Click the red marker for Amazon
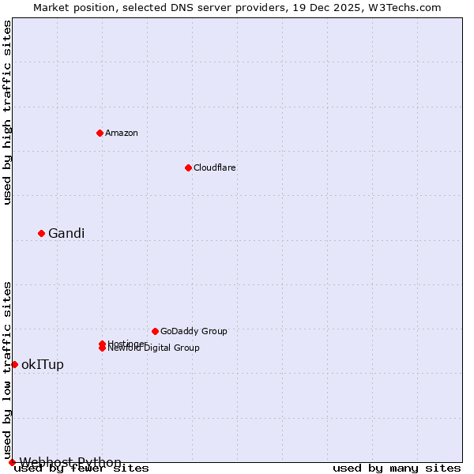click(100, 133)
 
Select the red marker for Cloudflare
click(188, 167)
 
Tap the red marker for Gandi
click(41, 233)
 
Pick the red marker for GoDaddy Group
click(155, 331)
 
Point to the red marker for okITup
click(14, 364)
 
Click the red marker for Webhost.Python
click(12, 462)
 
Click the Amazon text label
click(121, 133)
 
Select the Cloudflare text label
click(214, 167)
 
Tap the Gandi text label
click(66, 233)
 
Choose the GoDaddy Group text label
click(194, 331)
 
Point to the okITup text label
click(43, 364)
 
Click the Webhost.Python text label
click(70, 462)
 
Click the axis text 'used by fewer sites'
click(81, 468)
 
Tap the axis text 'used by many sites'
click(397, 468)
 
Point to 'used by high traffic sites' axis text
click(8, 112)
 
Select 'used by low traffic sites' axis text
click(8, 370)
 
